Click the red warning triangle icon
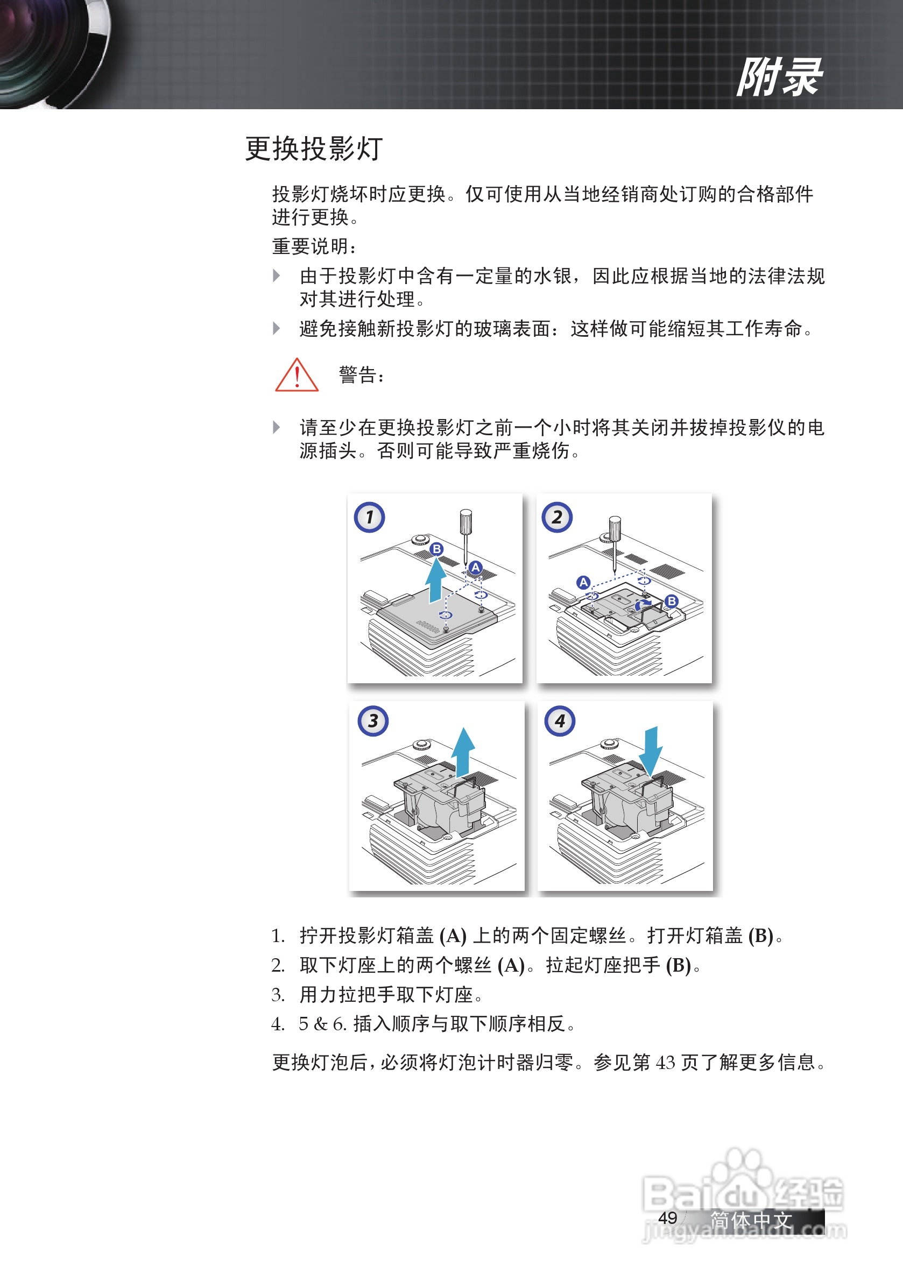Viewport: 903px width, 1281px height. (x=297, y=376)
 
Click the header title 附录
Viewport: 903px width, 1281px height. (x=779, y=77)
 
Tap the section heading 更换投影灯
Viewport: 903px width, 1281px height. (x=314, y=149)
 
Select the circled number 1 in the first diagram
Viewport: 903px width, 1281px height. (x=369, y=517)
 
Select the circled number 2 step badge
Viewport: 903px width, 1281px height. (x=556, y=517)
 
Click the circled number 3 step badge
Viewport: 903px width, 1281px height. (x=373, y=721)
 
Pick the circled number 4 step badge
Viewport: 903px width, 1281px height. (x=560, y=721)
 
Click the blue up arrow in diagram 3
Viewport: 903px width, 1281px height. (x=463, y=751)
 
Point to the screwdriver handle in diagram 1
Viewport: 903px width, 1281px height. (x=465, y=521)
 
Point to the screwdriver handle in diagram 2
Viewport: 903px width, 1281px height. (x=615, y=529)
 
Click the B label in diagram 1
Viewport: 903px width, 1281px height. (x=436, y=549)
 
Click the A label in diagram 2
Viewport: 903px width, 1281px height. (x=583, y=583)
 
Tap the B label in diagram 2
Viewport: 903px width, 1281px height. (x=672, y=601)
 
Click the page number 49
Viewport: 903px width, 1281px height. (x=667, y=1218)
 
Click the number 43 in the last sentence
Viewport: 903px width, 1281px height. (x=665, y=1062)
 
